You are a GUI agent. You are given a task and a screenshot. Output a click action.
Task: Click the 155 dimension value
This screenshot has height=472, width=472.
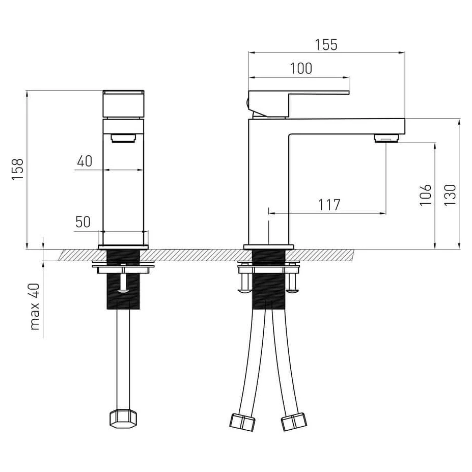[x=326, y=45]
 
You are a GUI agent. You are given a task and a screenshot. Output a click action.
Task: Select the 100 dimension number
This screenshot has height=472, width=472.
[x=301, y=69]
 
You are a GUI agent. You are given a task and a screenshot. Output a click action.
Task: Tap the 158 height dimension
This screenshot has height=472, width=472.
[x=18, y=170]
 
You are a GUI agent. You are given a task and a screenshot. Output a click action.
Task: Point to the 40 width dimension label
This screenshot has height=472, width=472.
[x=85, y=161]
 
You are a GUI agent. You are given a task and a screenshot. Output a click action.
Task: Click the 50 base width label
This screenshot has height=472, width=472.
[x=83, y=222]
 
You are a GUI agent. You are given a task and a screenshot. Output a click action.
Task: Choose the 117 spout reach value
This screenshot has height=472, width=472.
[x=329, y=205]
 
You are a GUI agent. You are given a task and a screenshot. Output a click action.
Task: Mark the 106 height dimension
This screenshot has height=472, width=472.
[x=425, y=195]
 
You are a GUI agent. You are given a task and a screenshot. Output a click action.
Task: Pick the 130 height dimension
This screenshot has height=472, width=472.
[x=450, y=195]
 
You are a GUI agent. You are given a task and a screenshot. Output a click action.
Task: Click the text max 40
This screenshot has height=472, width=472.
[x=35, y=307]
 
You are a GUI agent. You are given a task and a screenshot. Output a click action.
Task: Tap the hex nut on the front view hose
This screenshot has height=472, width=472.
[x=123, y=418]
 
